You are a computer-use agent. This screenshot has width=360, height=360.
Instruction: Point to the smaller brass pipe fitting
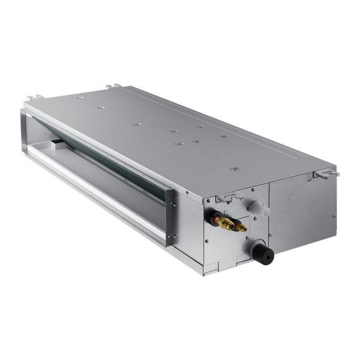point(240,227)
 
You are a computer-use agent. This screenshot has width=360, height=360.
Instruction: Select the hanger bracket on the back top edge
point(112,86)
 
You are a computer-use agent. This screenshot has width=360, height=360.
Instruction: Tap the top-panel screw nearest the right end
point(234,169)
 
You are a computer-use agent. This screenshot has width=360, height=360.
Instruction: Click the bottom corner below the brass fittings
point(203,273)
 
